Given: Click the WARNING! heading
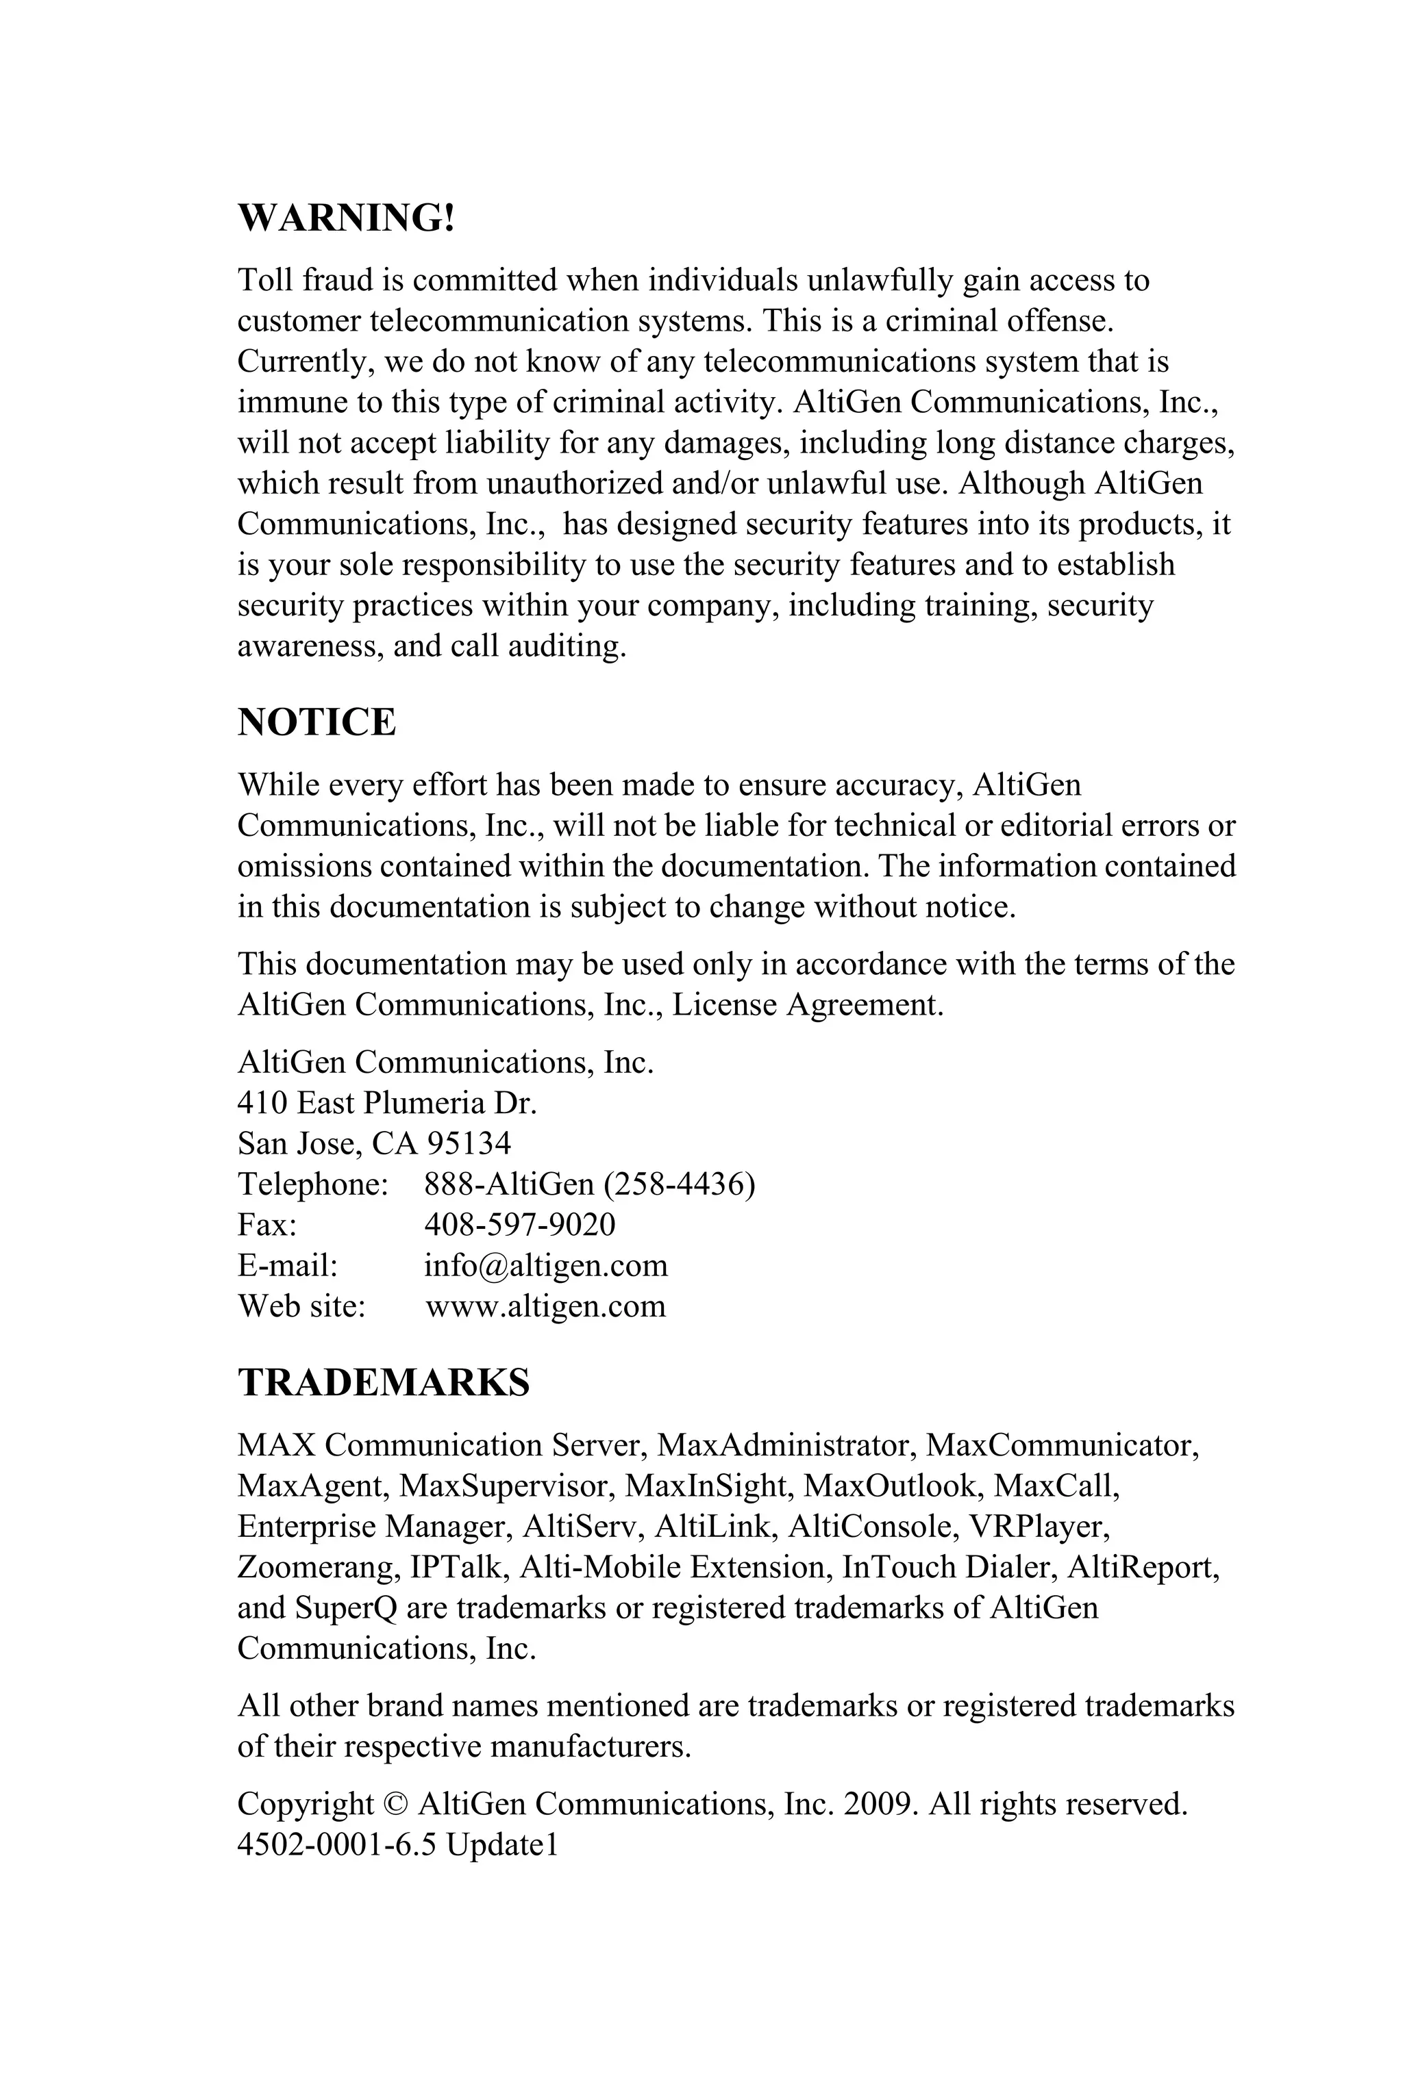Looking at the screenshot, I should tap(346, 218).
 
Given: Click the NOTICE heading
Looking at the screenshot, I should tap(316, 722).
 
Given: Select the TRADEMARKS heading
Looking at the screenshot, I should tap(384, 1383).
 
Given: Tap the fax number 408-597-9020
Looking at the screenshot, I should tap(519, 1225).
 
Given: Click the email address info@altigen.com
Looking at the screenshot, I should tap(545, 1266).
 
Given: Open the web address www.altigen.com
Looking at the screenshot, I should tap(545, 1307).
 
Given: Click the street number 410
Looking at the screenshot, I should tap(262, 1104).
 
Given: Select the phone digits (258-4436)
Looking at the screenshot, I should tap(679, 1184).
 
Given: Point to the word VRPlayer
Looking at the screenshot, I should tap(1039, 1526).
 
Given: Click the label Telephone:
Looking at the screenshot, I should tap(313, 1184).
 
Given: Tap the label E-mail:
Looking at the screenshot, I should tap(288, 1266).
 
